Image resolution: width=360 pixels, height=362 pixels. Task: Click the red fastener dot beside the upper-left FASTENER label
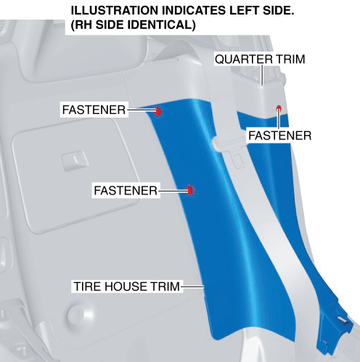pyautogui.click(x=158, y=111)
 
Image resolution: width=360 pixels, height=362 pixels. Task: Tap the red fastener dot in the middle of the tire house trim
pyautogui.click(x=190, y=191)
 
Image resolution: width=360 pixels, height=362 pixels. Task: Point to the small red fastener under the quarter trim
pyautogui.click(x=279, y=107)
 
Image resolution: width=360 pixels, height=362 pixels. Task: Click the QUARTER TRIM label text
pyautogui.click(x=260, y=59)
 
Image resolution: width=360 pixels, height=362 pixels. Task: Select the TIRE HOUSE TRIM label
pyautogui.click(x=127, y=287)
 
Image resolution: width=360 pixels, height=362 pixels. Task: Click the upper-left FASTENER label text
pyautogui.click(x=94, y=110)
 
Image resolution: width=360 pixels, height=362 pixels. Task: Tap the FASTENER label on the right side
pyautogui.click(x=280, y=136)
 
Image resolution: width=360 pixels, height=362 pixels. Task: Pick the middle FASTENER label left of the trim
pyautogui.click(x=126, y=191)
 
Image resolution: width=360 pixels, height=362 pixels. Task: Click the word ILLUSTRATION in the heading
pyautogui.click(x=115, y=11)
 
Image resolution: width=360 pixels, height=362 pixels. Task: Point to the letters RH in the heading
pyautogui.click(x=82, y=25)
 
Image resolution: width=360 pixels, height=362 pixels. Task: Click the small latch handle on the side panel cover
pyautogui.click(x=75, y=160)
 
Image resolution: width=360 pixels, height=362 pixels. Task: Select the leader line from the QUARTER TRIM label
pyautogui.click(x=262, y=75)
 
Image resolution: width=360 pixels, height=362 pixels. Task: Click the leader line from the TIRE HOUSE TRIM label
pyautogui.click(x=192, y=287)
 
